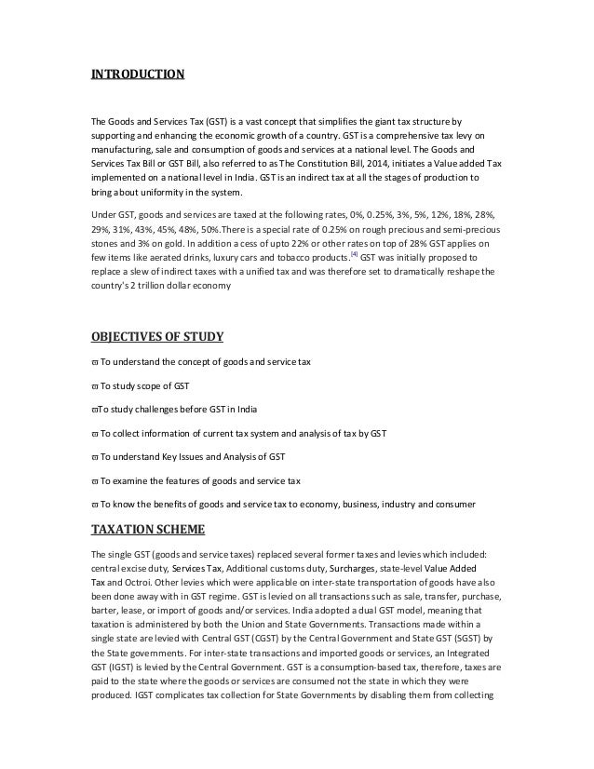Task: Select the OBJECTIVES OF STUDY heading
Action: tap(162, 336)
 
